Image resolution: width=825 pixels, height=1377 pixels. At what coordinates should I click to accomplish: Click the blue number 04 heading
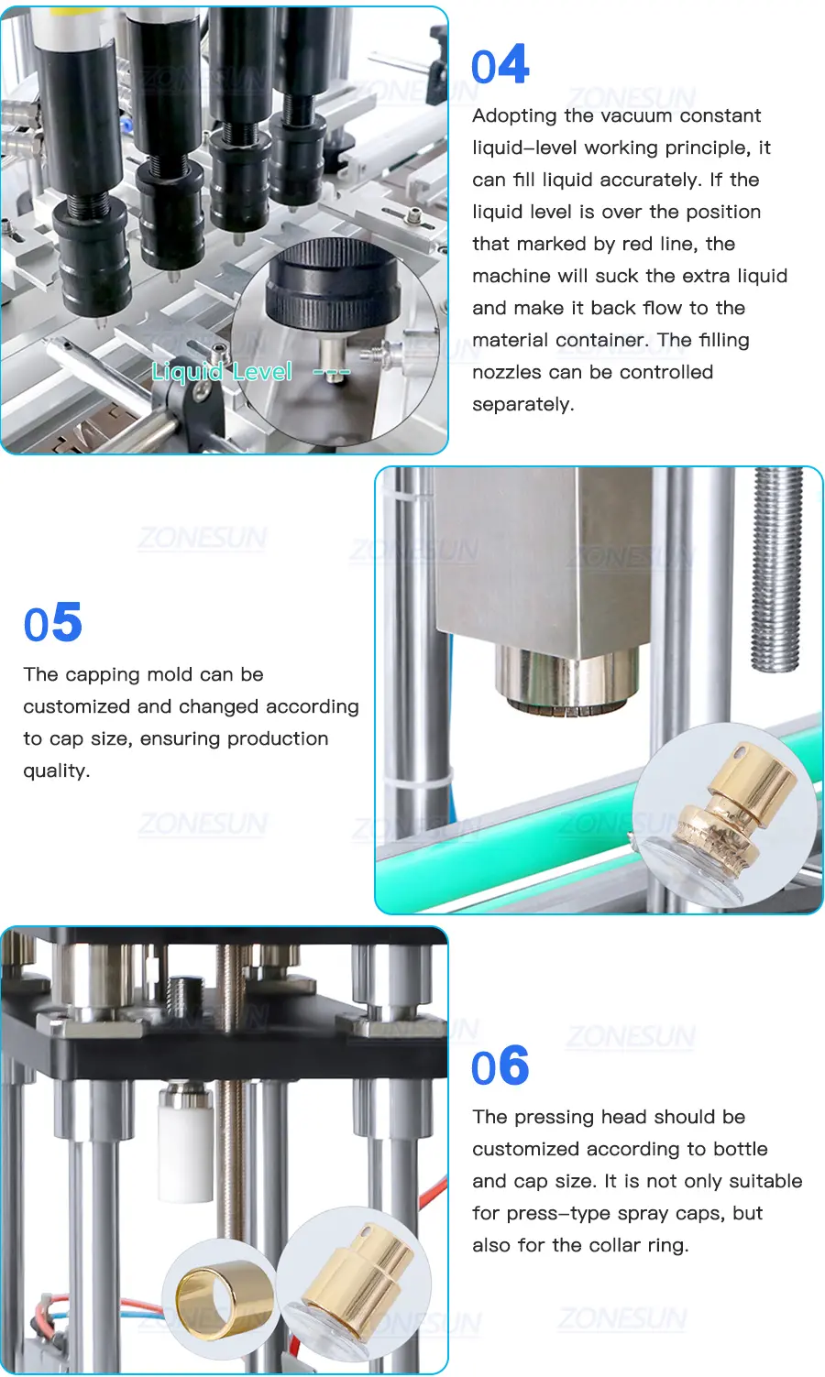click(500, 64)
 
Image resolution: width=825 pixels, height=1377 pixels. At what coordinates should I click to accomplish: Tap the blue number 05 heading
click(53, 622)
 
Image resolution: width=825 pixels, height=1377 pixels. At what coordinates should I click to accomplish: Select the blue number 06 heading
click(500, 1065)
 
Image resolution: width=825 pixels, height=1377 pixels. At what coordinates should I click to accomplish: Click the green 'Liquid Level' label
click(222, 372)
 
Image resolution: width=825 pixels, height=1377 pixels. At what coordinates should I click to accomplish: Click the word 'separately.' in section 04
click(522, 405)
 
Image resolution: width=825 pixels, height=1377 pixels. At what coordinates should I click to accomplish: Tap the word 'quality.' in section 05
click(57, 770)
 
